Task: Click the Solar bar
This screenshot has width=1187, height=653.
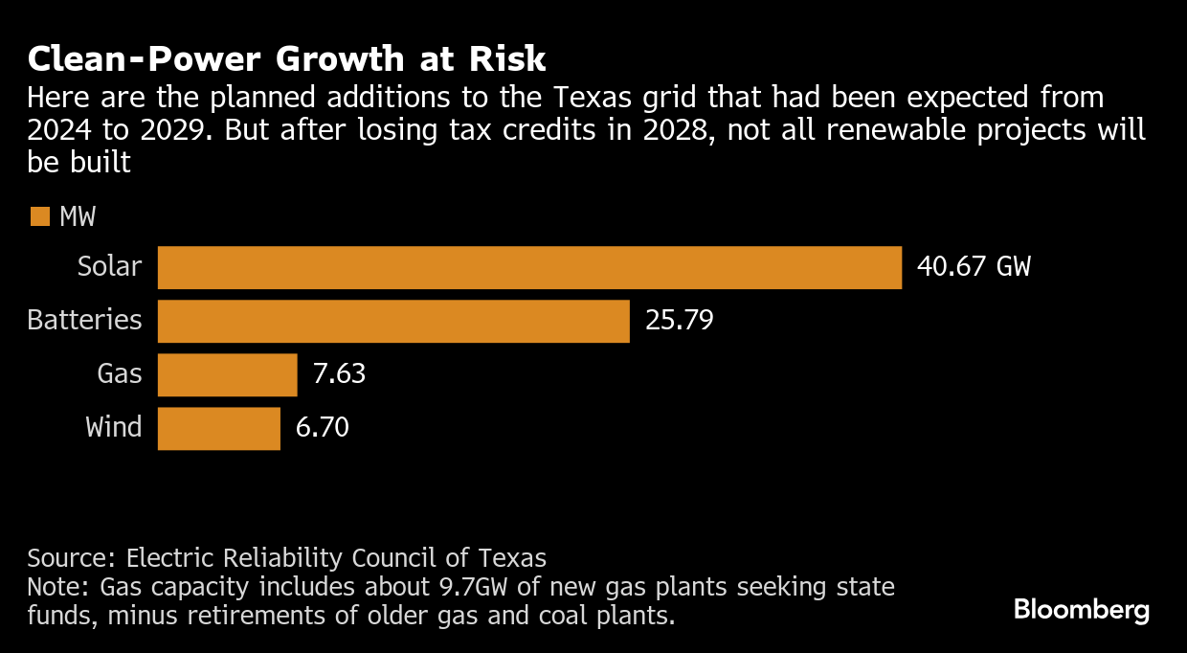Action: pos(529,267)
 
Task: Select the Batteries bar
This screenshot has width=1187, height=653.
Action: pos(393,321)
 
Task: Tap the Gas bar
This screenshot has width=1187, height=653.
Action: pos(227,374)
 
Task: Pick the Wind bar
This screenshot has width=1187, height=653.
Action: pos(218,428)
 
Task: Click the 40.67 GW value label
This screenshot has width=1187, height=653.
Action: pos(974,267)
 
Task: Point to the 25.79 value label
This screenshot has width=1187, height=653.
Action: pos(680,321)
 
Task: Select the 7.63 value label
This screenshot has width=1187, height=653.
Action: pos(340,374)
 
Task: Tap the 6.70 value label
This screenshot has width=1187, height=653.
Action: pos(323,428)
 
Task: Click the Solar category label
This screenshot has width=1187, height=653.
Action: pos(109,267)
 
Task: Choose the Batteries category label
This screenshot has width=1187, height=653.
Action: pos(84,321)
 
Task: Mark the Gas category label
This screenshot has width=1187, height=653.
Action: pos(120,374)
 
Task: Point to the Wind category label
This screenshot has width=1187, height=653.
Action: pos(114,428)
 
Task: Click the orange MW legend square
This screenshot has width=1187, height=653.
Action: pos(39,217)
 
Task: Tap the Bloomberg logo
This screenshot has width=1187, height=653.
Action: pos(1082,610)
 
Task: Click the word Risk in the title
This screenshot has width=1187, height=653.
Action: pos(506,60)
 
